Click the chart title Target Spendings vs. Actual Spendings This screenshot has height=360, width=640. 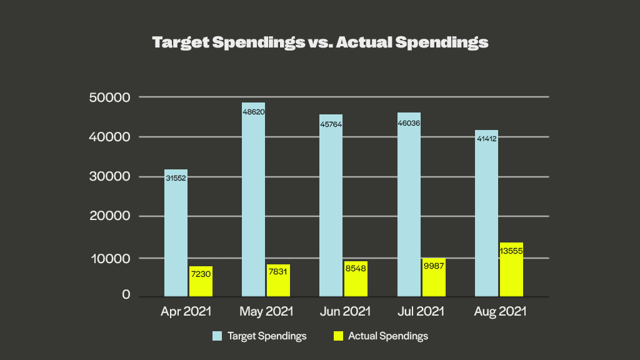pos(320,43)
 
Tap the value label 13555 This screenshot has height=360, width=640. pos(511,251)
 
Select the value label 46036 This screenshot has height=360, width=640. pos(409,124)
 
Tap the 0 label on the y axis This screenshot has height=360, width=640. pos(126,295)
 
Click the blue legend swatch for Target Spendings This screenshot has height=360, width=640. pos(217,336)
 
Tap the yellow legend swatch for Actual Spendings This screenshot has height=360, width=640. pos(338,336)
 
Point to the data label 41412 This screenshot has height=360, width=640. pos(486,137)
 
